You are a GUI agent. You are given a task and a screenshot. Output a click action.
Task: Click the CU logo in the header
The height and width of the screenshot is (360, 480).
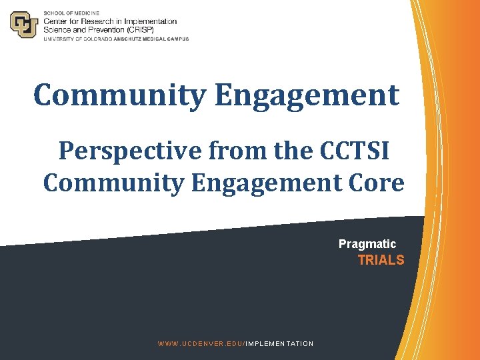(x=24, y=25)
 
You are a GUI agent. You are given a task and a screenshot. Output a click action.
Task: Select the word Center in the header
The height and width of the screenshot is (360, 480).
(x=57, y=22)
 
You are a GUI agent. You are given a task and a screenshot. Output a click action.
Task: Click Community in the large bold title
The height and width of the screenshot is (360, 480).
(x=120, y=95)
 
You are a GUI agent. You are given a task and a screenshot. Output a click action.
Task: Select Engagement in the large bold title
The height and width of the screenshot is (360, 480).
(x=307, y=95)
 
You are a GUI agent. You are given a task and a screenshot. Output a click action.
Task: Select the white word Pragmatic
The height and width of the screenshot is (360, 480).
(x=367, y=244)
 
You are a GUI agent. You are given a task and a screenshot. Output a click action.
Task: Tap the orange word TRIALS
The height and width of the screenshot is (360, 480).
(x=381, y=260)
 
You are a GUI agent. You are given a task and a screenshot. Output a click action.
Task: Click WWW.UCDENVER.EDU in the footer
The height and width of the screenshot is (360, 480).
(x=200, y=343)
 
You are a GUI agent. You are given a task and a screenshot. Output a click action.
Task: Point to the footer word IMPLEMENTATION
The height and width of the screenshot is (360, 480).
(x=280, y=343)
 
